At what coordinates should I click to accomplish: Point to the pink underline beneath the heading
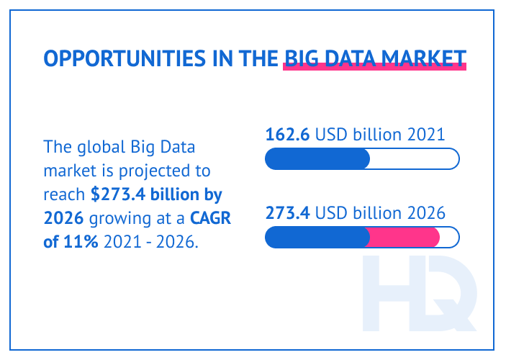point(375,68)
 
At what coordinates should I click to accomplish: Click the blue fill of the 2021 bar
point(317,158)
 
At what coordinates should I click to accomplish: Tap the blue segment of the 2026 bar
point(317,237)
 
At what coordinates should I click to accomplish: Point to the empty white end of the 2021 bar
point(414,158)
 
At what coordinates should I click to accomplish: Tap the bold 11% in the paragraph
point(81,240)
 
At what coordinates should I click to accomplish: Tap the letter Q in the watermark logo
point(450,295)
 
